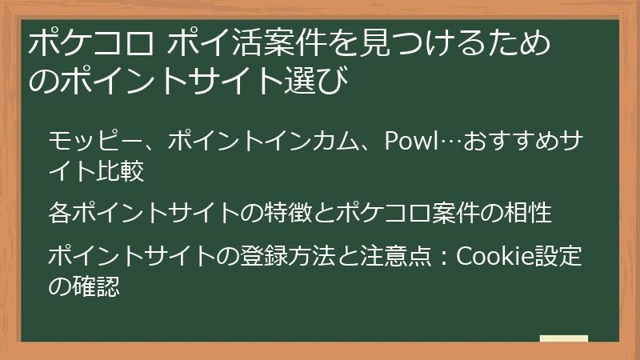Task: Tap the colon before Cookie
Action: point(443,258)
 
